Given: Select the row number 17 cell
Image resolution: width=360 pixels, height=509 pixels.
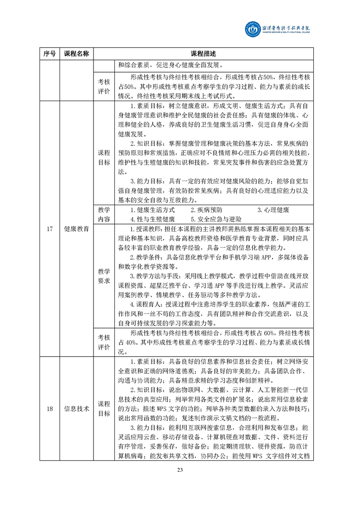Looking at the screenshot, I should pos(49,228).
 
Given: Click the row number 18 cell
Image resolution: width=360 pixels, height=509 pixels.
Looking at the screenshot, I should pos(49,409).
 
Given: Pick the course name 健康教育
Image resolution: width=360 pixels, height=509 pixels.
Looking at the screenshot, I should pos(76,228).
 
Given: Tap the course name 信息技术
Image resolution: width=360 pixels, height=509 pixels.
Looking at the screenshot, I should pos(76,409).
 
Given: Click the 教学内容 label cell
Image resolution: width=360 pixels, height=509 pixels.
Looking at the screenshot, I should pos(104,215).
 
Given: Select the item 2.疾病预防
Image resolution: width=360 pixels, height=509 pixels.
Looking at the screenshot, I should pos(207,210).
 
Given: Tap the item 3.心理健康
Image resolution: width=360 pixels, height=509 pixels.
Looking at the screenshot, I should pos(273,210).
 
